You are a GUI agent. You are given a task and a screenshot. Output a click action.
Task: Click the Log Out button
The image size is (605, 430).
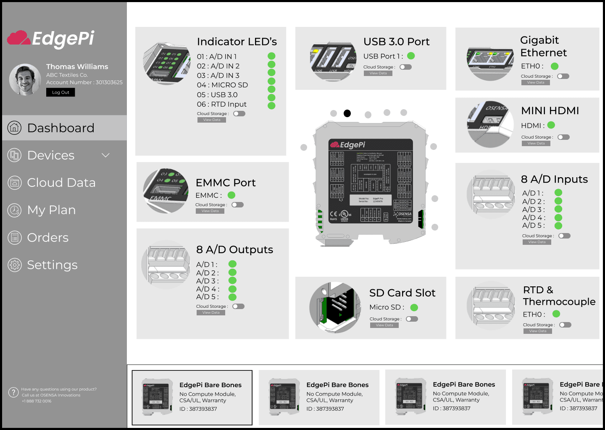[x=60, y=92]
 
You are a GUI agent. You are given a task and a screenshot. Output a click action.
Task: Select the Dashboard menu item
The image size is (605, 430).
[x=60, y=128]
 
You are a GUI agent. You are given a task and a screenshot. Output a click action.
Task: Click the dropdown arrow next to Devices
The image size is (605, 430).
[x=105, y=155]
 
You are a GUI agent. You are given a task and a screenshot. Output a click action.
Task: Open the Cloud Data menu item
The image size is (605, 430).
[x=61, y=183]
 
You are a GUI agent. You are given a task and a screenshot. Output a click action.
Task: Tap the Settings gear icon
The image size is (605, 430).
[x=15, y=265]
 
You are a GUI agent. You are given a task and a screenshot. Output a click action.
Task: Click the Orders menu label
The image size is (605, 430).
[x=47, y=238]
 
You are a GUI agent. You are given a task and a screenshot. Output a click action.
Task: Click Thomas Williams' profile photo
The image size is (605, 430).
[x=25, y=79]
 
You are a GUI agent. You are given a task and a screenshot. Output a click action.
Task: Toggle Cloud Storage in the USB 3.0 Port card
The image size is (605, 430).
[x=405, y=67]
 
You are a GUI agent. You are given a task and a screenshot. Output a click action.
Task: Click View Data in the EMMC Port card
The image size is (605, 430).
[x=210, y=211]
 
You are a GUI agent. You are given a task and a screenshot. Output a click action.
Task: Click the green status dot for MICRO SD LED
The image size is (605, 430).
[x=271, y=81]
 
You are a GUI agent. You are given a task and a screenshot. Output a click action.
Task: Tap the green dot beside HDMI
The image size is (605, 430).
[x=551, y=125]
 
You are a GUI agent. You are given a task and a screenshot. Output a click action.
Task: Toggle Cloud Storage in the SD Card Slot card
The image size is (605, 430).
[x=412, y=319]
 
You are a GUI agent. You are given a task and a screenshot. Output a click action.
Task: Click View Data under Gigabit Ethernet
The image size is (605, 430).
[x=535, y=83]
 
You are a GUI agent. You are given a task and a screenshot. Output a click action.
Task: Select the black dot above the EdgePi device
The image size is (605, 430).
[x=347, y=113]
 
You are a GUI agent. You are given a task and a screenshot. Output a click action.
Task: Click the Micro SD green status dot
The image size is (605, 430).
[x=414, y=307]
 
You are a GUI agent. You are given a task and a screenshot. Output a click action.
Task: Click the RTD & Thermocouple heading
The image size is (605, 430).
[x=559, y=296]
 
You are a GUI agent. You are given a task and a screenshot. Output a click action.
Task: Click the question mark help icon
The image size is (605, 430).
[x=13, y=393]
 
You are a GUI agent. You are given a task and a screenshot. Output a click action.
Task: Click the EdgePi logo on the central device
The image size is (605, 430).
[x=348, y=145]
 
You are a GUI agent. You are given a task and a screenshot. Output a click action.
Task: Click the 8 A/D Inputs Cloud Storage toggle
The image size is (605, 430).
[x=564, y=236]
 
